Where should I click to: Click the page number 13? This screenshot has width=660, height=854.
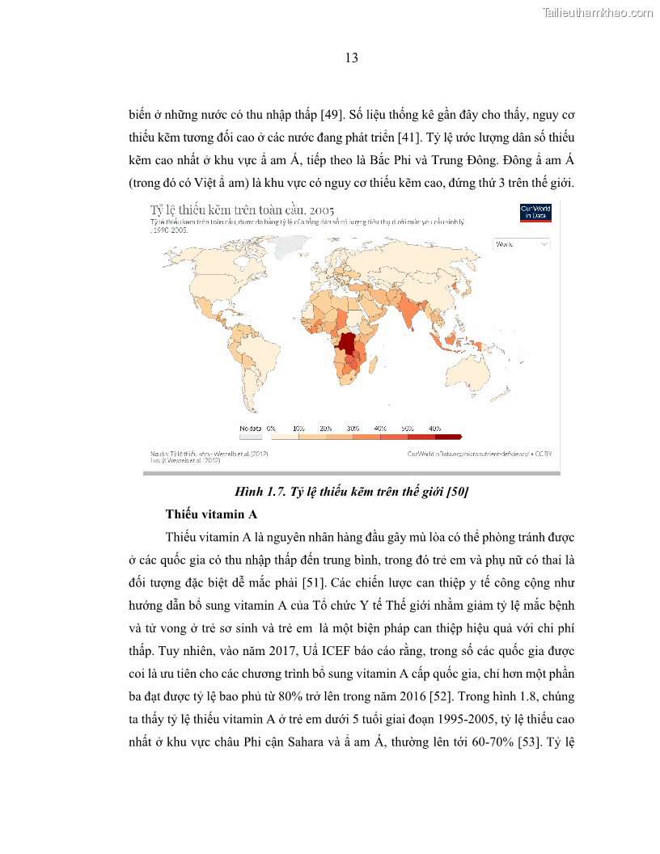(352, 58)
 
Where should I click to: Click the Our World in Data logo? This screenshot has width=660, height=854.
(535, 212)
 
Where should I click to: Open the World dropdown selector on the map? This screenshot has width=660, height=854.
(522, 243)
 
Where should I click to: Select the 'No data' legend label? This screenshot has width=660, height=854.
(250, 428)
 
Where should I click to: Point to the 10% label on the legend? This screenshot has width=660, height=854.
(298, 428)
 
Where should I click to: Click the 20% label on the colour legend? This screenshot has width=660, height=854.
(326, 428)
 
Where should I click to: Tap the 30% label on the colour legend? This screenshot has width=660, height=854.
(353, 428)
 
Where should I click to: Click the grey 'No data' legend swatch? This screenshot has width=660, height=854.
(251, 437)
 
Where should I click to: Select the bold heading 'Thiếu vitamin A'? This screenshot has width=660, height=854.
(211, 514)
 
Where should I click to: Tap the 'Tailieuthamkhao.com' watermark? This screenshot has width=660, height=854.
(596, 12)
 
